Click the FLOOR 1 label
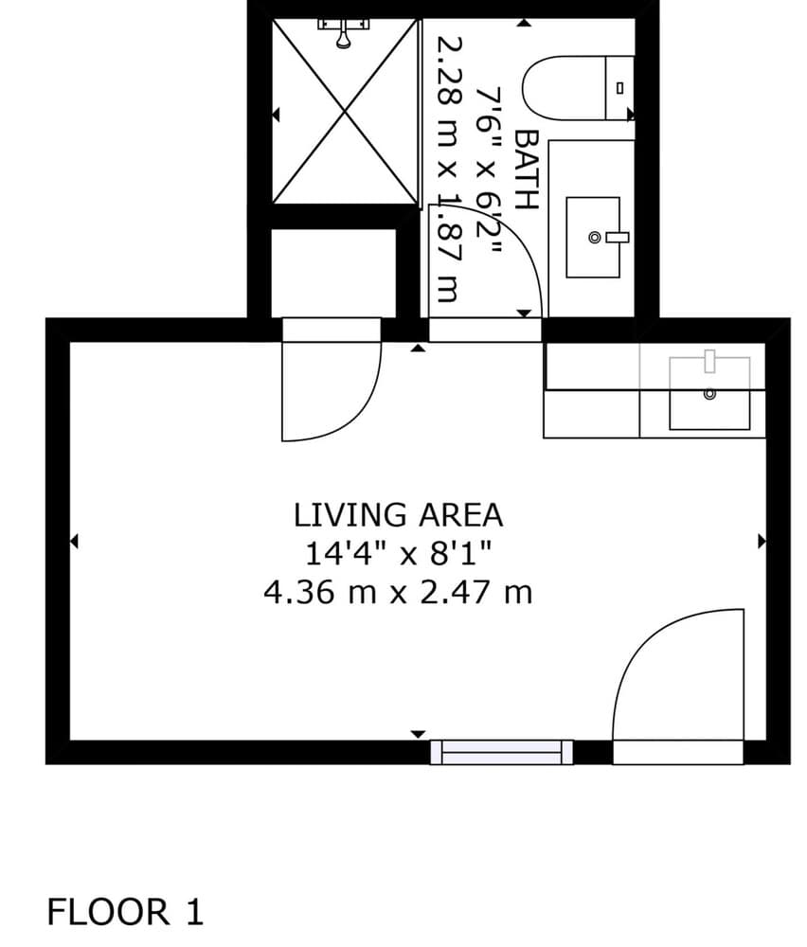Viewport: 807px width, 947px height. click(x=125, y=912)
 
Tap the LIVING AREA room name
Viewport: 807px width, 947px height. click(x=398, y=515)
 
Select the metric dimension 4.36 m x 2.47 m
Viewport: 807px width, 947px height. click(x=398, y=592)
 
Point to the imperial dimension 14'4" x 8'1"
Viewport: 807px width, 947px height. click(x=398, y=553)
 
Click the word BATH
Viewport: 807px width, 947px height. click(x=526, y=170)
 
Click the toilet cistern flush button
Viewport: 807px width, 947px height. click(x=619, y=88)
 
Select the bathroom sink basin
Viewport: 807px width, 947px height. click(x=593, y=238)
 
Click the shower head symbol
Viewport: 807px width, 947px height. click(x=344, y=33)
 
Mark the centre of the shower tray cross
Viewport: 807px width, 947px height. click(x=345, y=111)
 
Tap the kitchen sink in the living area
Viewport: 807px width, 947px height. click(x=709, y=393)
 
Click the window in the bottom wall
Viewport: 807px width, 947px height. click(x=501, y=752)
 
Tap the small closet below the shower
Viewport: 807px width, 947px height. click(x=333, y=273)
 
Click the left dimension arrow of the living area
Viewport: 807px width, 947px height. click(x=74, y=541)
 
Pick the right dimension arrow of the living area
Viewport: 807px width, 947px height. click(x=762, y=541)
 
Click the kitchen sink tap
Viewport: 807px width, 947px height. click(x=709, y=361)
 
